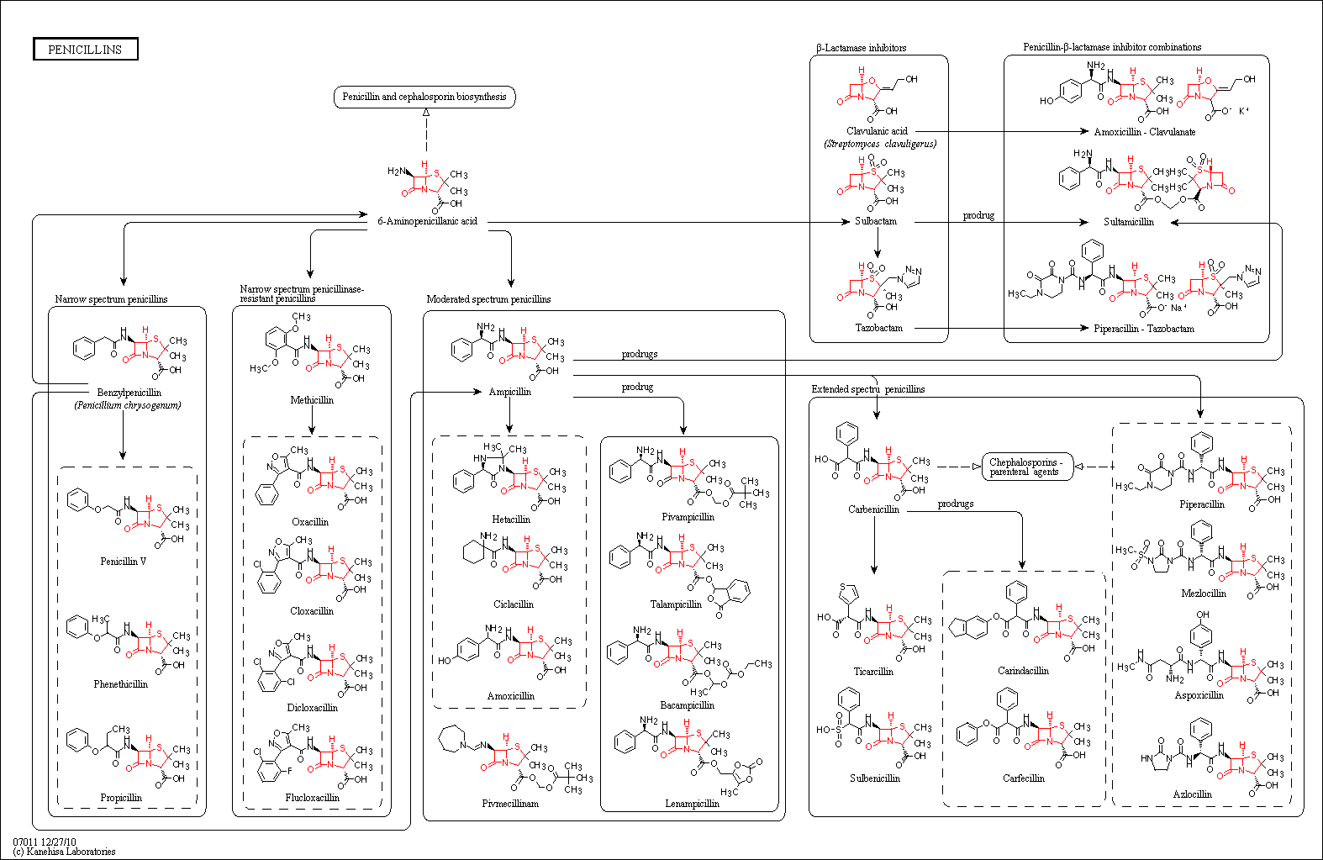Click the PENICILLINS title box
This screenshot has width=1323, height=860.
click(x=86, y=49)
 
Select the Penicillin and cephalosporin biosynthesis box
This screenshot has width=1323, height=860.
click(x=424, y=97)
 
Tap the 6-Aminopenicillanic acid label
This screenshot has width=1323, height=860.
click(x=428, y=221)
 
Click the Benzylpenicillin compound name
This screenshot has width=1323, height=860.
click(x=129, y=393)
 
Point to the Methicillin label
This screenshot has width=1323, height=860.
click(x=312, y=400)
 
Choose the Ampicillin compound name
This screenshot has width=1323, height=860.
click(x=509, y=393)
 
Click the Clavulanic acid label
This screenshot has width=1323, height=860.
click(x=877, y=131)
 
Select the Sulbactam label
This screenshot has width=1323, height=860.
click(x=876, y=221)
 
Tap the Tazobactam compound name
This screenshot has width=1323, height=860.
click(x=879, y=328)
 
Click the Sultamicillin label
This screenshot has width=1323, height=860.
click(x=1129, y=222)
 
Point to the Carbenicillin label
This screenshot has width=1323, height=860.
click(x=873, y=509)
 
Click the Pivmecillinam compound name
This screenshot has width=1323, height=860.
click(x=510, y=804)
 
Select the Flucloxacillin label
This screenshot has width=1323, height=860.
click(x=313, y=798)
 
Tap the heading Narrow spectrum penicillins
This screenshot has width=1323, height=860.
click(x=111, y=299)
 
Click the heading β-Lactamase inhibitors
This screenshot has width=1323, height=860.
click(x=862, y=48)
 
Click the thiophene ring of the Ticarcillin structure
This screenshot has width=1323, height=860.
click(x=848, y=593)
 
